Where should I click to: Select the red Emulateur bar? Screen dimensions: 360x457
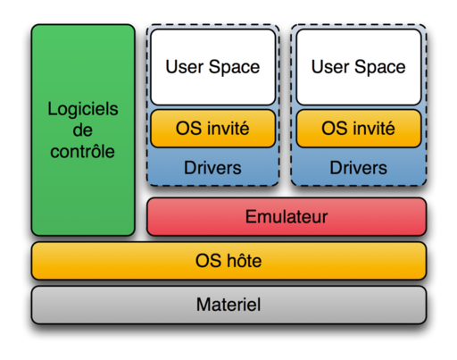point(287,217)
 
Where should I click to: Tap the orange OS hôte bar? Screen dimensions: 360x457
point(228,262)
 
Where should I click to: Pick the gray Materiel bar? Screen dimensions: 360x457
point(228,305)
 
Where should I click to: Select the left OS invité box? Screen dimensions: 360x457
point(212,129)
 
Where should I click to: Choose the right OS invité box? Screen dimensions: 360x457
point(358,129)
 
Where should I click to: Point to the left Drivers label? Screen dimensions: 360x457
point(212,168)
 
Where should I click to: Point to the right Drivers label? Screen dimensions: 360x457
point(358,168)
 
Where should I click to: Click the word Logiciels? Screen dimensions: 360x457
point(83,110)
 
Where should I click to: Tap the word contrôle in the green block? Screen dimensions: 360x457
point(83,151)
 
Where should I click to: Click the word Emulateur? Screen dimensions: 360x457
point(287,217)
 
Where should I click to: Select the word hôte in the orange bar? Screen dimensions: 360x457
point(244,262)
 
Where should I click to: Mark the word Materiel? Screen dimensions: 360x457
point(228,305)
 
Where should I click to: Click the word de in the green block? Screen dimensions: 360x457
point(83,130)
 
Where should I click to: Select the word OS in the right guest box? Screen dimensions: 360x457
point(334,129)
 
